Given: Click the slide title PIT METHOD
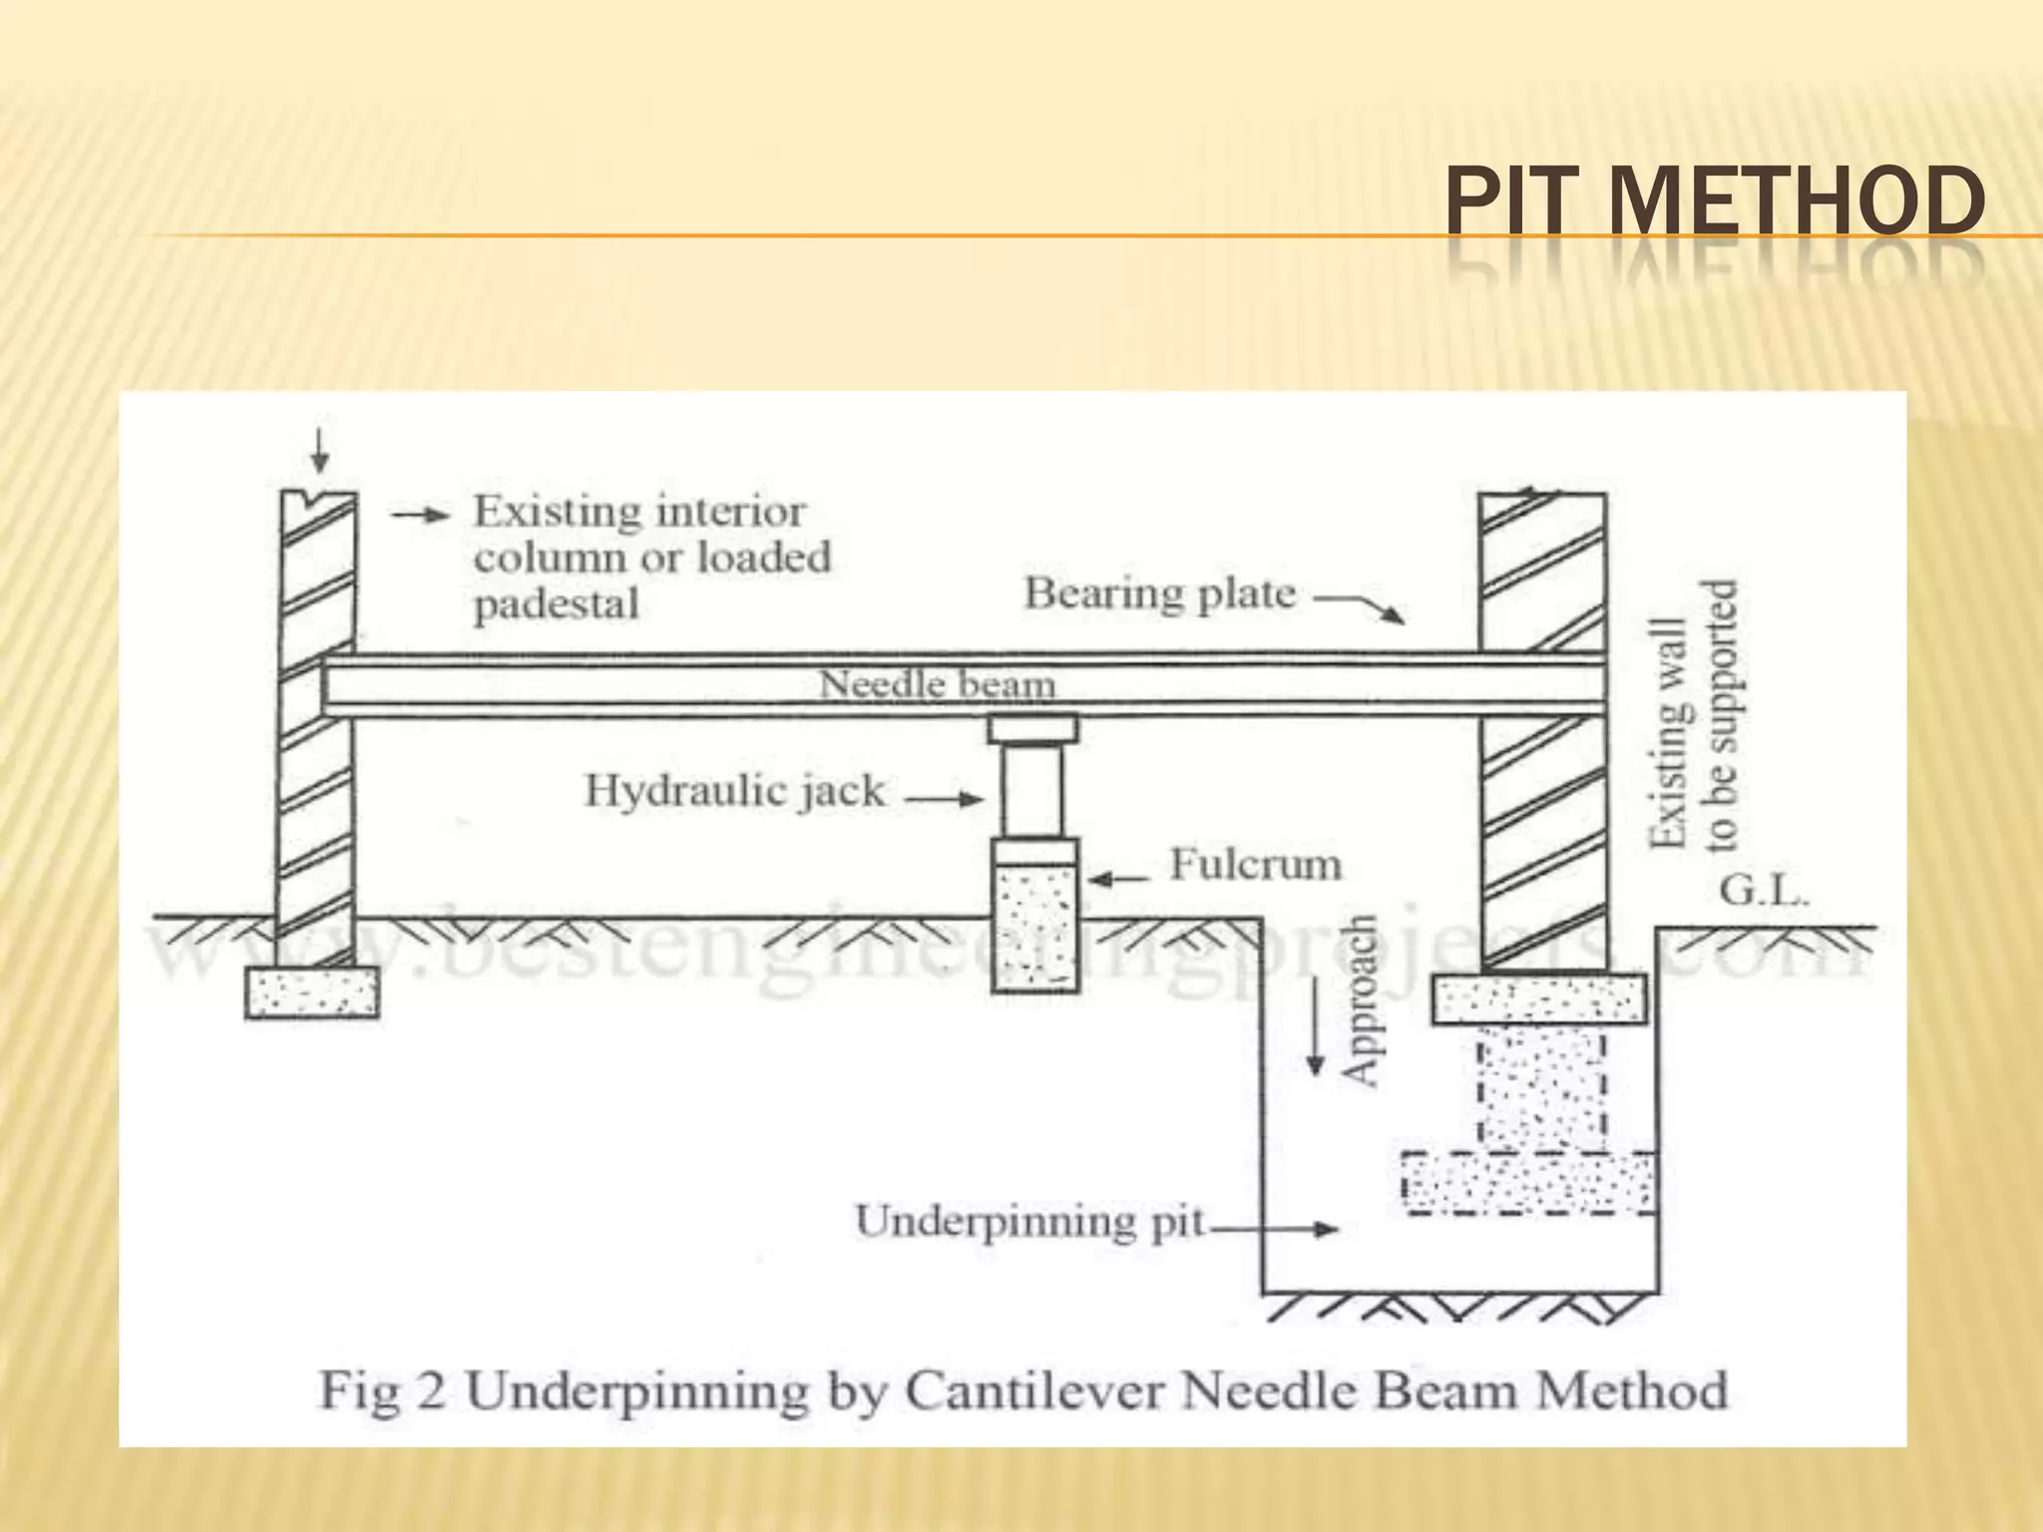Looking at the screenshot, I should point(1714,202).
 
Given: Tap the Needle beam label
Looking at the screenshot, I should point(937,685).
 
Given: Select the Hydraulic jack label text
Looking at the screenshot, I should point(734,791).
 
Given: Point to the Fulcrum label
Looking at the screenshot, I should point(1255,865).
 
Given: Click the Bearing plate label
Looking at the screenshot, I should point(1160,593).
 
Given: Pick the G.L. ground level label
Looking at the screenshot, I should point(1764,891).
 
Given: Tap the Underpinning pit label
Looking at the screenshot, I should point(1030,1222).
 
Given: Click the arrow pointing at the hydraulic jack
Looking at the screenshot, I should point(944,798).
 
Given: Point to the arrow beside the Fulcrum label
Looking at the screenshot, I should point(1118,879).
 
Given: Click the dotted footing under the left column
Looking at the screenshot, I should point(312,992).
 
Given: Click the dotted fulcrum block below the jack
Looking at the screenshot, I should point(1035,928).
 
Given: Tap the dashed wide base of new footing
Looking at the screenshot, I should point(1528,1183).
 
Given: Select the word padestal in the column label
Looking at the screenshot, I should point(556,604).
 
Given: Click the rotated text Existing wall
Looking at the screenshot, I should point(1669,733).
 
